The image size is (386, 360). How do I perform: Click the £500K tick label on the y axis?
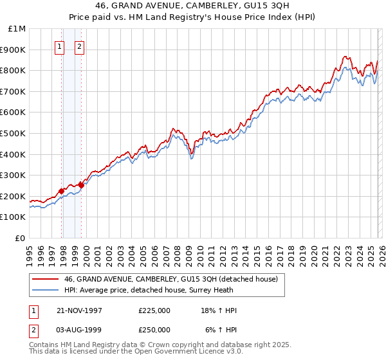(13, 133)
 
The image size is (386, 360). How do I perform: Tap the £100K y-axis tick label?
(13, 217)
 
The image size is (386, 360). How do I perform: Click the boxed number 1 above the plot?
(59, 46)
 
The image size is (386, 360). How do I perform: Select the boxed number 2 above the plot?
(79, 46)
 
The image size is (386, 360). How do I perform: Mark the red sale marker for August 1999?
(81, 185)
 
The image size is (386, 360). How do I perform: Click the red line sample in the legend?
(45, 279)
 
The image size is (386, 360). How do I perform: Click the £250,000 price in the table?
(154, 329)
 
